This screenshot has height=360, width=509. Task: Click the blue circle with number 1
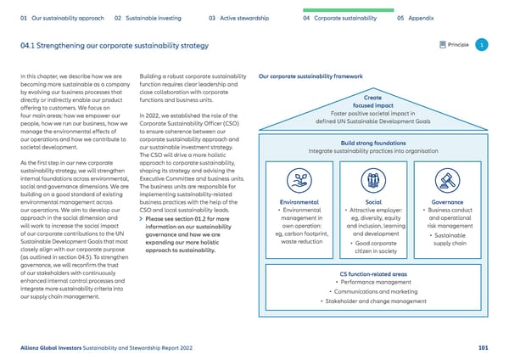[481, 45]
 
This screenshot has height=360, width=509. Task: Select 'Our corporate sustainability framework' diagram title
[307, 76]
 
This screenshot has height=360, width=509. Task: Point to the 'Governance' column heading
[446, 202]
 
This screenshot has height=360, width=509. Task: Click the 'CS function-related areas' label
[372, 273]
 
